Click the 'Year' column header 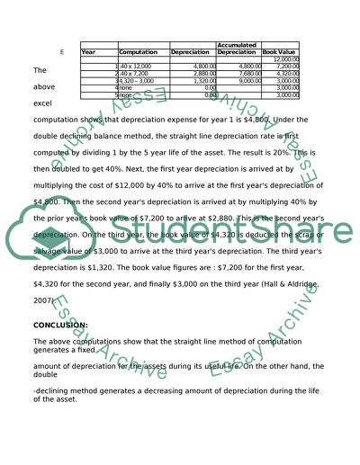[x=88, y=52]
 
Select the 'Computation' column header [x=138, y=52]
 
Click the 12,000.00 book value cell [x=286, y=58]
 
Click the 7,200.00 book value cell [x=287, y=66]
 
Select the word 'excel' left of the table [x=41, y=103]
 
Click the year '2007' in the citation [x=41, y=301]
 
